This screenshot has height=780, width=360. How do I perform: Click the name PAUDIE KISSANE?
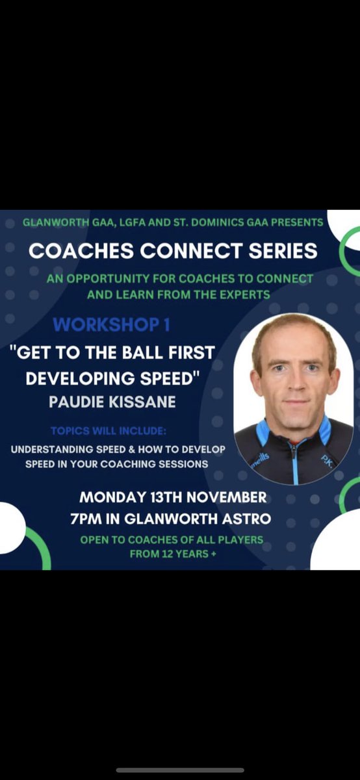tap(112, 402)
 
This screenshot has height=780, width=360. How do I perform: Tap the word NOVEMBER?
tap(224, 498)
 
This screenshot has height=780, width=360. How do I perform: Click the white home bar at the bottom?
tap(180, 770)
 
